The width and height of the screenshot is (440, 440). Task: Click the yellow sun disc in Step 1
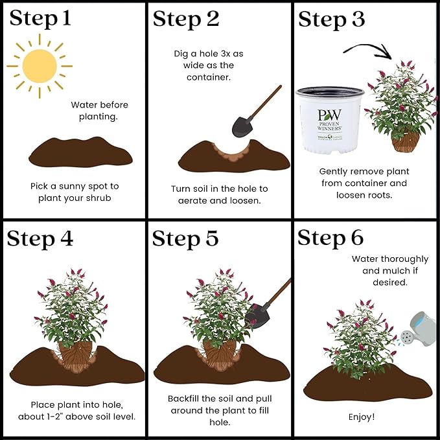coord(40,66)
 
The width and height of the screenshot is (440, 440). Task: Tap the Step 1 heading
coord(40,19)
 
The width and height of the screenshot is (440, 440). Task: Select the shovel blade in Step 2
coord(242,126)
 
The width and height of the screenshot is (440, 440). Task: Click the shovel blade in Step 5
coord(257,316)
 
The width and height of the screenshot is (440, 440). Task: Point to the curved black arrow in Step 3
coord(367,48)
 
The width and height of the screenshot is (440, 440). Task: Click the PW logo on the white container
coord(329,115)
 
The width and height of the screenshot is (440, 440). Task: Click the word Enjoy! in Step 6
coord(362,417)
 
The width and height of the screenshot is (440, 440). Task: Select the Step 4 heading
coord(40,239)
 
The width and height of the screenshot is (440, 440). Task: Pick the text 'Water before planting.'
coord(99,111)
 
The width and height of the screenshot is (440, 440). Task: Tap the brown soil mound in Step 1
coord(80,152)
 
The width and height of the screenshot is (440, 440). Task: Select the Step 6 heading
coord(331,238)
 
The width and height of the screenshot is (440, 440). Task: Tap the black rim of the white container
coord(330,92)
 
